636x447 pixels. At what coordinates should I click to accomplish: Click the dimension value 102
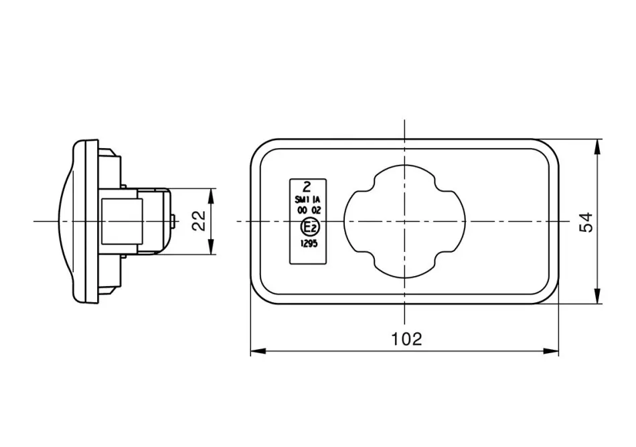tap(406, 338)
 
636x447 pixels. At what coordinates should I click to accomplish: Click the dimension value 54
tap(586, 222)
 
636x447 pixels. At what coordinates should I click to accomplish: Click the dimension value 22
tap(199, 221)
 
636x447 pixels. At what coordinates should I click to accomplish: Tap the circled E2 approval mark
tap(310, 228)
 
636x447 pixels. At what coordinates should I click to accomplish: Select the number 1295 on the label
tap(309, 243)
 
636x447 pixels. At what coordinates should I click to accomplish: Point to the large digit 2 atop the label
tap(307, 187)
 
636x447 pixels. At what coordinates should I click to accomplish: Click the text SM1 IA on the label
tap(307, 200)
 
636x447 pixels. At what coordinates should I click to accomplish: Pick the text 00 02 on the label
tap(309, 210)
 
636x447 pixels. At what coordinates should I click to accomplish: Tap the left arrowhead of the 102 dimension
tap(258, 350)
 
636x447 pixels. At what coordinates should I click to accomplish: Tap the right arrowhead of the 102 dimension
tap(551, 350)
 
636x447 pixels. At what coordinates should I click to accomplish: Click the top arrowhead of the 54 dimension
tap(597, 147)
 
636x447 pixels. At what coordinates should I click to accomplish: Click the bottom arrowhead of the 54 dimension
tap(597, 296)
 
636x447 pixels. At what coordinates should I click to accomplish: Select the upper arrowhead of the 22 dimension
tap(211, 196)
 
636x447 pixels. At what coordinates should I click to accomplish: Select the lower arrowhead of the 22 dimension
tap(211, 247)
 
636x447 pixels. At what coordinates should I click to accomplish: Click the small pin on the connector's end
tap(173, 222)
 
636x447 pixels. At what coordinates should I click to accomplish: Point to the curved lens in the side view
tap(66, 222)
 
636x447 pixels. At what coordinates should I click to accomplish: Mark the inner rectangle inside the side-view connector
tap(122, 221)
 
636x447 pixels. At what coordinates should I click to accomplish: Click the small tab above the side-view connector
tap(124, 186)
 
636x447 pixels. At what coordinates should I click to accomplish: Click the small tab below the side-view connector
tap(124, 257)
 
